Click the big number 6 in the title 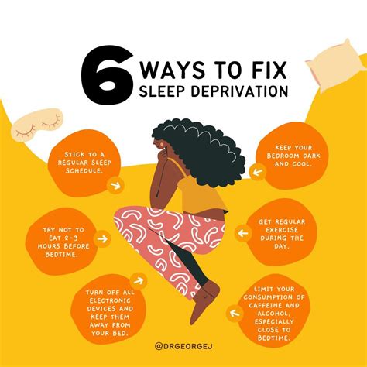[x=107, y=75]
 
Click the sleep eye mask [x=36, y=124]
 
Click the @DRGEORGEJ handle [x=183, y=346]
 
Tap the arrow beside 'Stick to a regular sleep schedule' [x=115, y=185]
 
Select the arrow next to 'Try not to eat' [x=102, y=238]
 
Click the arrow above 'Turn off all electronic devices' [x=139, y=280]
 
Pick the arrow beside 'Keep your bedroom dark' [x=258, y=172]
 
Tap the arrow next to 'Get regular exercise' [x=243, y=233]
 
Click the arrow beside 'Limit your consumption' [x=235, y=314]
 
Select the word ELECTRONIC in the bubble [x=110, y=300]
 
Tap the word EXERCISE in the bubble [x=282, y=230]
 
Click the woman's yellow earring [x=162, y=142]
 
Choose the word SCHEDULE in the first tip [x=84, y=171]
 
